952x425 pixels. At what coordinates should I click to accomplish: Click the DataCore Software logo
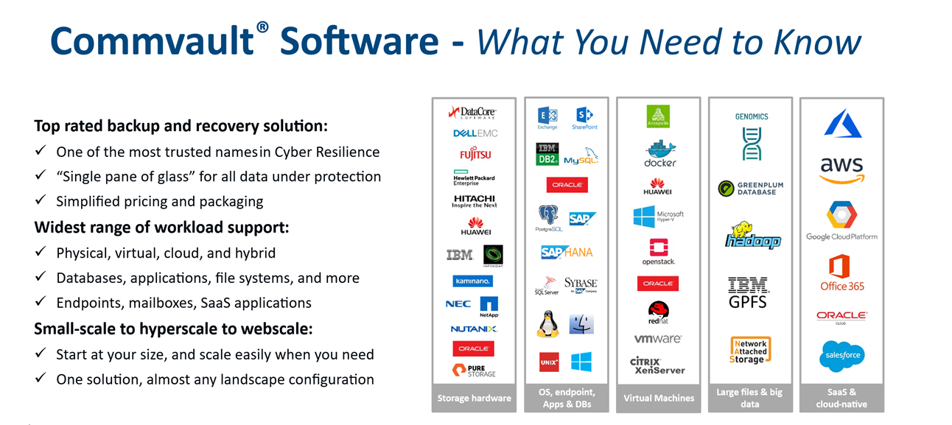coord(473,113)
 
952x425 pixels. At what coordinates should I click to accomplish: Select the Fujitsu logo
coord(475,155)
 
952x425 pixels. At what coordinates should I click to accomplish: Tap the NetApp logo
coord(489,306)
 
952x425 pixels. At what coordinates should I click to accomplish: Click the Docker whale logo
coord(659,153)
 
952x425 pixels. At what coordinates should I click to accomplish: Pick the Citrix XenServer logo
coord(657,365)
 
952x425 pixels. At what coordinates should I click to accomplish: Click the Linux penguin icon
coord(547,323)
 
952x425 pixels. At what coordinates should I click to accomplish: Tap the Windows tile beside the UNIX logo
coord(581,362)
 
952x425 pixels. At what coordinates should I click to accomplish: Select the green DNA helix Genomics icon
coord(752,143)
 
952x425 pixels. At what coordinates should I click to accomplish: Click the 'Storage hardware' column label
coord(475,398)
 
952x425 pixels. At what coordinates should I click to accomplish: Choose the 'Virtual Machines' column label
coord(659,398)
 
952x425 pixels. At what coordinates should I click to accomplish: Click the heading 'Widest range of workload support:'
coord(161,228)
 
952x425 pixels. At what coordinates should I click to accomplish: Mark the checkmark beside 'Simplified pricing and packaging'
coord(41,201)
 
